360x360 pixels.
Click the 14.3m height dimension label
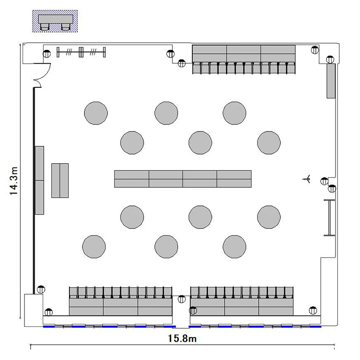coord(13,181)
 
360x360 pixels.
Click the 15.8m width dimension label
coord(182,338)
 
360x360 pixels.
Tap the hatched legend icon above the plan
coord(55,21)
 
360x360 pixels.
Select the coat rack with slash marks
coord(81,52)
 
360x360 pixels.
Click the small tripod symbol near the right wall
coord(307,179)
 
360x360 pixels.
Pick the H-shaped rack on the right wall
coord(329,217)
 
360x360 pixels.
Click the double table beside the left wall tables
coord(60,180)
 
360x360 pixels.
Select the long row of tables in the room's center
coord(183,179)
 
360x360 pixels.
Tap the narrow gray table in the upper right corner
coord(331,81)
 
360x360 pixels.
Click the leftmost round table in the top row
coord(96,113)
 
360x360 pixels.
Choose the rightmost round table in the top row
coord(234,113)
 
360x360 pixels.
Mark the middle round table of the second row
coord(200,143)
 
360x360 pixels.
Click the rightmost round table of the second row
coord(269,143)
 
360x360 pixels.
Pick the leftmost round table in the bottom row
coord(94,247)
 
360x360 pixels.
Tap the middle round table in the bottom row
coord(166,247)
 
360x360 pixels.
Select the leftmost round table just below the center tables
coord(132,217)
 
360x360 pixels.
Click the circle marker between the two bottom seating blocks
coord(181,299)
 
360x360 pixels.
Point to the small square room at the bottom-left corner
coord(34,310)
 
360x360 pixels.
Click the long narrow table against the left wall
coord(39,180)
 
